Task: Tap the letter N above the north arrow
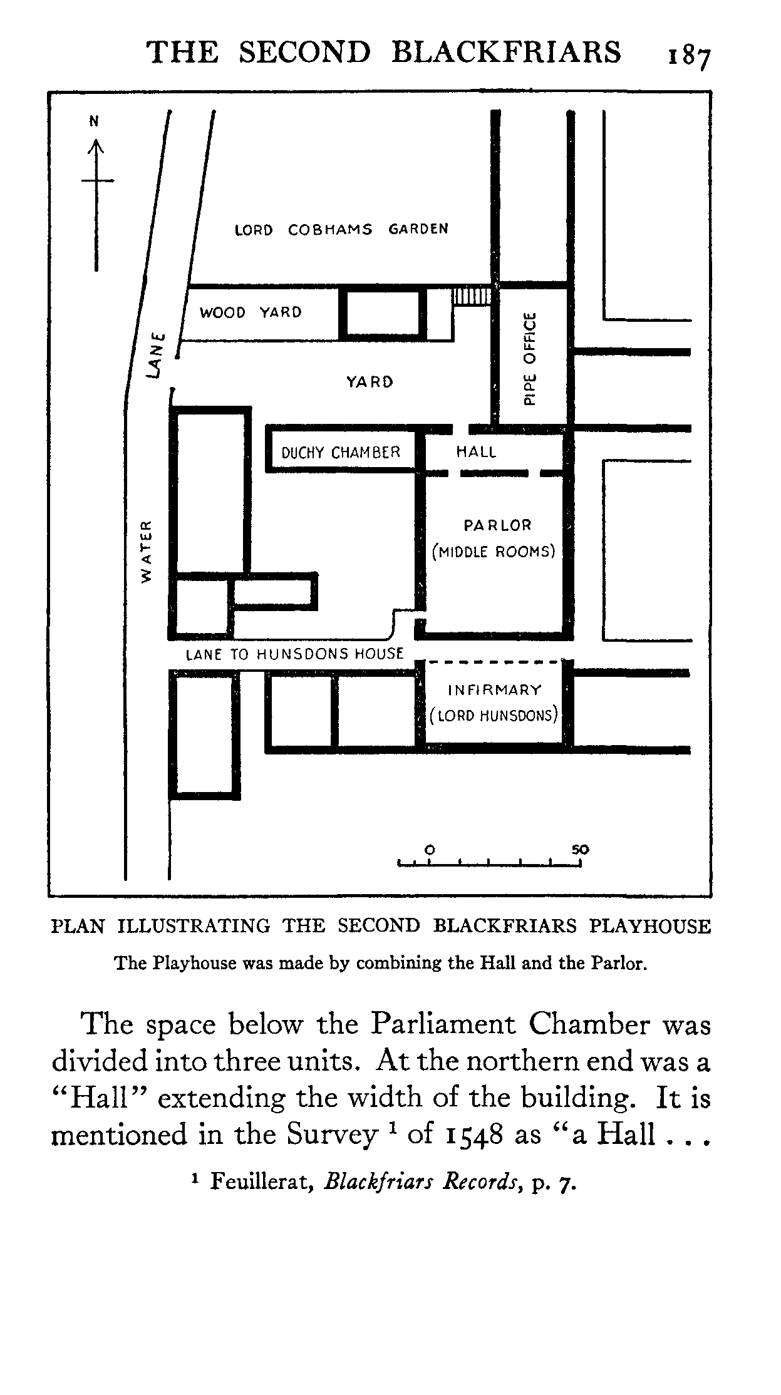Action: (95, 121)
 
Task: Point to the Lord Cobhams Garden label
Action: (341, 229)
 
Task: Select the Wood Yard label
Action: (251, 312)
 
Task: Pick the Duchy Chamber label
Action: (341, 452)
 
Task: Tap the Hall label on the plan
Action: (476, 451)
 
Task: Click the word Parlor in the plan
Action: (497, 525)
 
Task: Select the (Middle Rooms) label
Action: (494, 552)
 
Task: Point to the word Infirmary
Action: (495, 690)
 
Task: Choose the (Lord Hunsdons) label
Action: (494, 715)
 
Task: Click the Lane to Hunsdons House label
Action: (295, 654)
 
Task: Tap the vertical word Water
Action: (146, 551)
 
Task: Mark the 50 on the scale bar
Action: (580, 850)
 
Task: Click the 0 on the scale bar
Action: (430, 850)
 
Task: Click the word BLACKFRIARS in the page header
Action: (506, 52)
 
